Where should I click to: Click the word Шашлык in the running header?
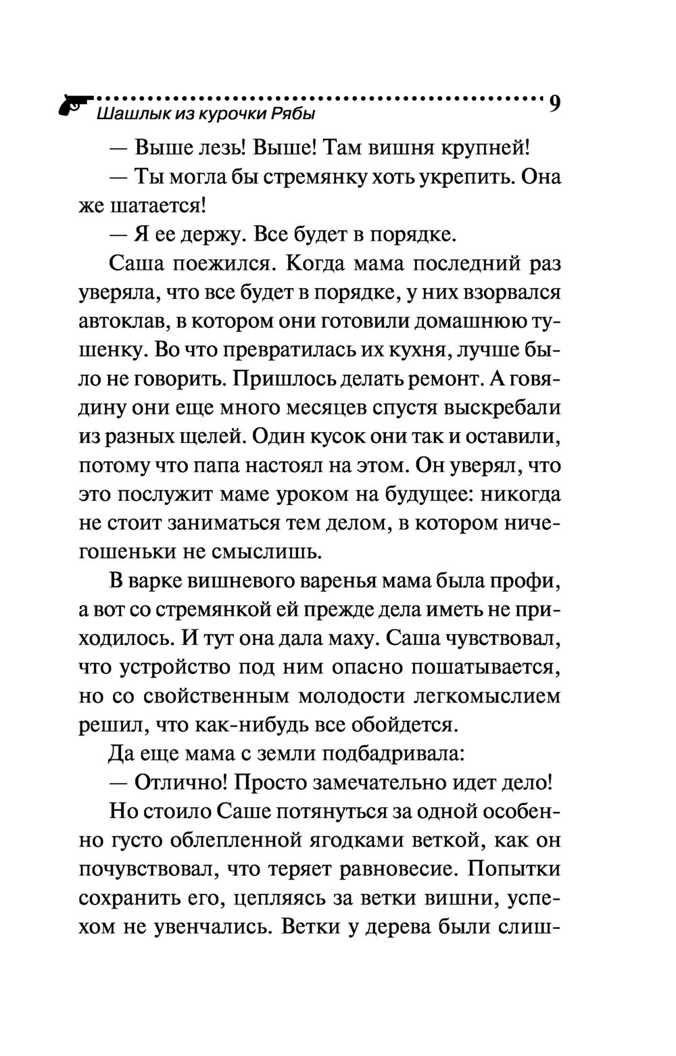127,115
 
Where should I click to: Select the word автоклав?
123,321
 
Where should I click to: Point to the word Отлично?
179,783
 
